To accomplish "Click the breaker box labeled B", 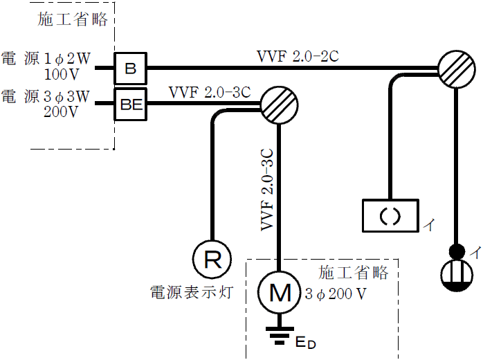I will coord(129,68).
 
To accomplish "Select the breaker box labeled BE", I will coord(129,104).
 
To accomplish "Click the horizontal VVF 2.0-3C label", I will coord(209,92).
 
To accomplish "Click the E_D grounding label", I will coord(306,342).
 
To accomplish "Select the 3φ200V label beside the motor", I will coord(336,294).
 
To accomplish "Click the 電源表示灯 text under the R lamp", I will coord(190,293).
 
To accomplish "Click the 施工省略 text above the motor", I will coord(353,273).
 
